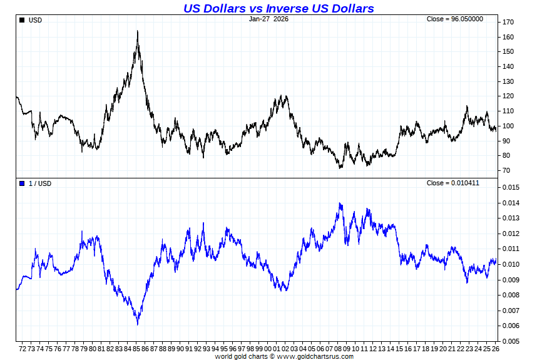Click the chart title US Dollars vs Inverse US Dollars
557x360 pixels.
coord(278,8)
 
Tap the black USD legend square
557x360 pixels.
coord(23,20)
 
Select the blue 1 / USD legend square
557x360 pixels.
coord(23,183)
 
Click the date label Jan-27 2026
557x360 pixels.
coord(268,19)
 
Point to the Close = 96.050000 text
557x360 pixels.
coord(455,19)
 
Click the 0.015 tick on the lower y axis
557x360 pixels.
coord(511,188)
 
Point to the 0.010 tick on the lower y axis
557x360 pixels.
coord(511,264)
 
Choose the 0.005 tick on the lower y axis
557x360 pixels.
coord(511,341)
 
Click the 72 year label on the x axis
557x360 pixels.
coord(23,349)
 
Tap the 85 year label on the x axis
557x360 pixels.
coord(136,349)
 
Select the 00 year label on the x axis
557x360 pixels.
coord(268,349)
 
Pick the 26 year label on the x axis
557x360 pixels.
coord(495,349)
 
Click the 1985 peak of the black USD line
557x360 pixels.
coord(138,31)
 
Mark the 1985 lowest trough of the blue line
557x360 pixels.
coord(138,324)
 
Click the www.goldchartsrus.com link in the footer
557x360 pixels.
coord(315,356)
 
